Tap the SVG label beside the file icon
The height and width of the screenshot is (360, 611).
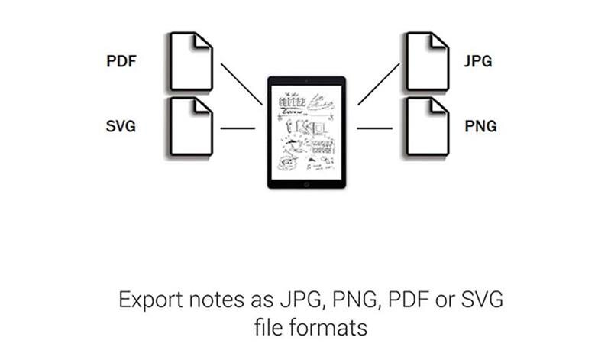pos(121,126)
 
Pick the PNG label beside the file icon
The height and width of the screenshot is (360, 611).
pos(480,126)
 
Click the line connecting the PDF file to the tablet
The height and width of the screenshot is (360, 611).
pos(241,83)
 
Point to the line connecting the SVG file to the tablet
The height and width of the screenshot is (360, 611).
pos(238,128)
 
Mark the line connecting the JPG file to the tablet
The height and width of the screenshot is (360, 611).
pos(378,83)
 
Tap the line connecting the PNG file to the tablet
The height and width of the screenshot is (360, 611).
pos(373,128)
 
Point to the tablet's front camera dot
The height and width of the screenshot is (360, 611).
pos(305,79)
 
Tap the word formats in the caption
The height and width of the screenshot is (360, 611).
pos(324,329)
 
